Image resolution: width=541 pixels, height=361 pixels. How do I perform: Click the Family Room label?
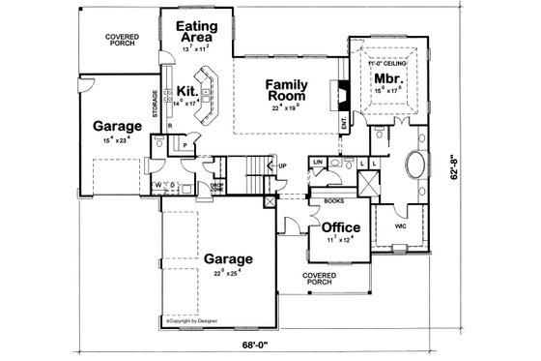pyautogui.click(x=286, y=89)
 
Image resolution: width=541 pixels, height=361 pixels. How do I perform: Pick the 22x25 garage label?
pyautogui.click(x=228, y=259)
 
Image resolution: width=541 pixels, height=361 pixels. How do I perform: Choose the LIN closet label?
pyautogui.click(x=317, y=161)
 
